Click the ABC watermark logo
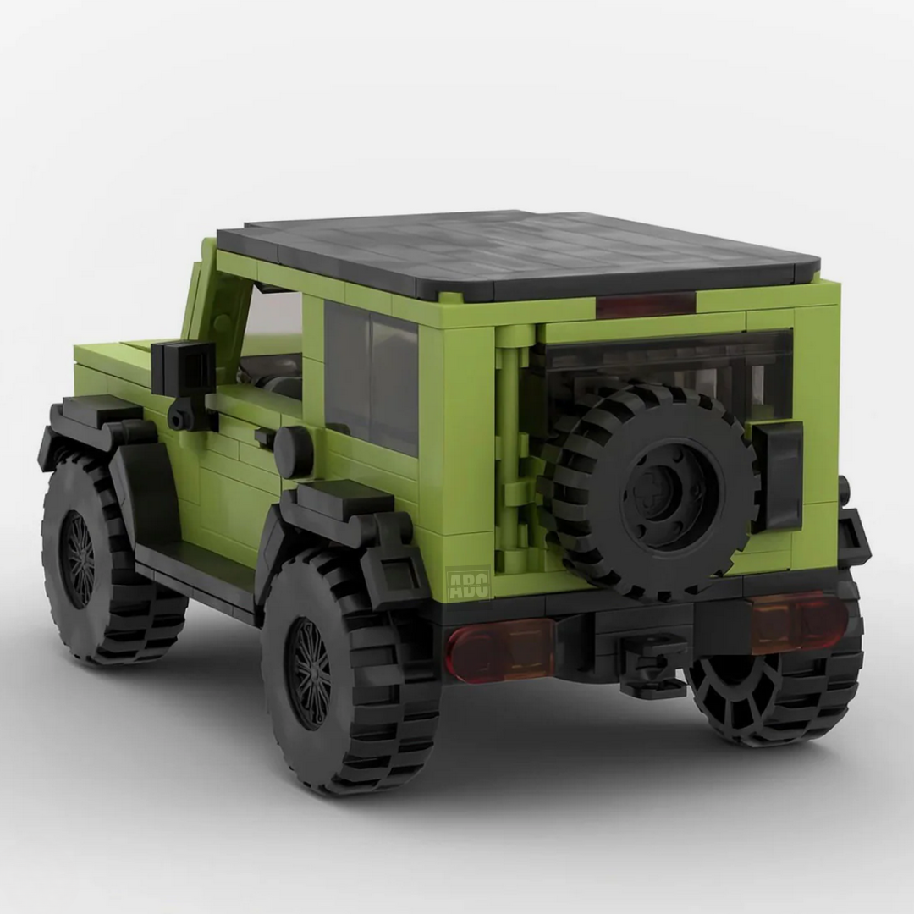click(x=467, y=583)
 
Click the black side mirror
click(x=183, y=371)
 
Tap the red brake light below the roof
click(x=647, y=305)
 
